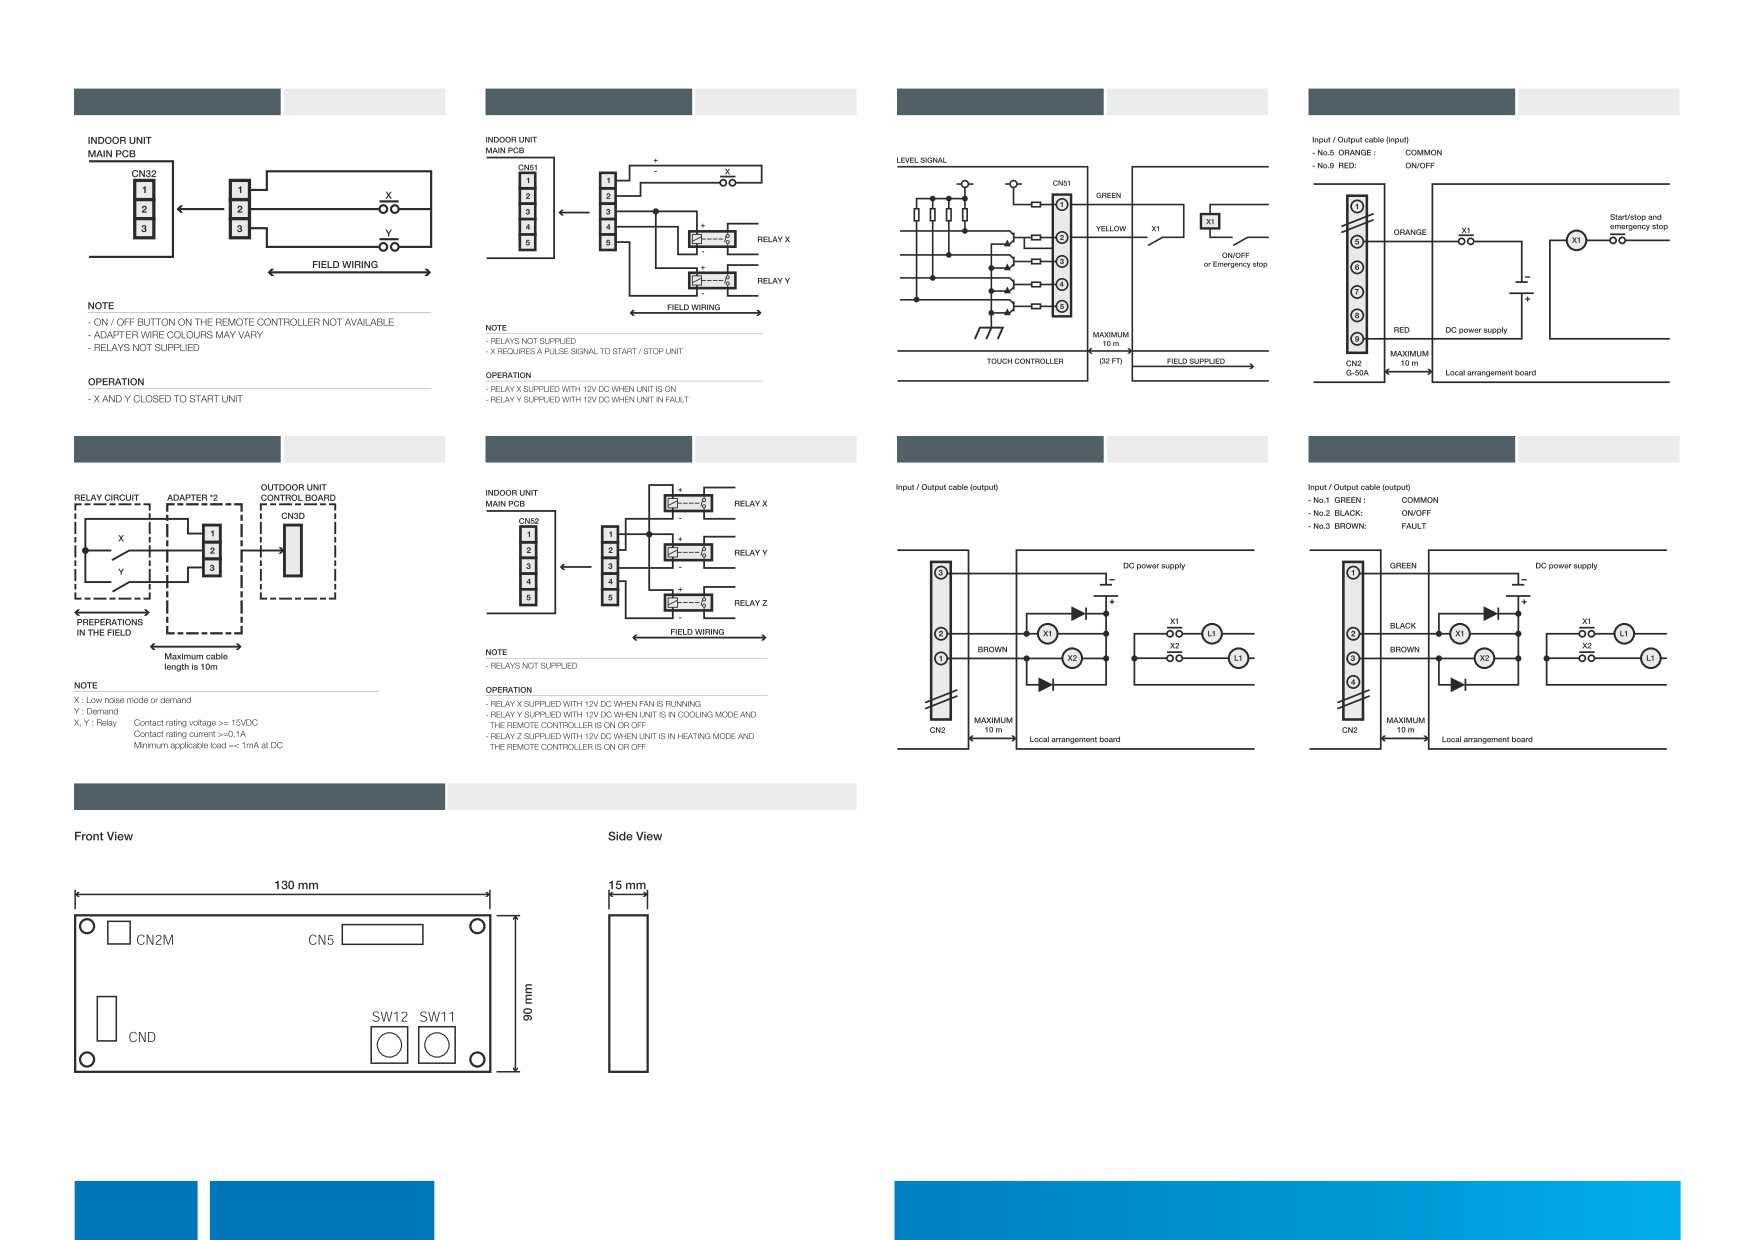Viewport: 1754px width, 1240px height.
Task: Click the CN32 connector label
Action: (143, 173)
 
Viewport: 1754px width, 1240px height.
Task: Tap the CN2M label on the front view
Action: (155, 940)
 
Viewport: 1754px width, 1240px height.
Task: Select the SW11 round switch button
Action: (437, 1045)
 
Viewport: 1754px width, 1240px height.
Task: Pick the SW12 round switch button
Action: (390, 1045)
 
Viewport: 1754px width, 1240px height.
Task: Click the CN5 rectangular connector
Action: (382, 935)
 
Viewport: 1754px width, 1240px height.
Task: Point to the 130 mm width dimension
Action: (296, 885)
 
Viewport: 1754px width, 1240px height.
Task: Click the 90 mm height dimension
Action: (528, 1003)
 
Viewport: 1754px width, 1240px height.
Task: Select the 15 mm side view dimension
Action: (628, 885)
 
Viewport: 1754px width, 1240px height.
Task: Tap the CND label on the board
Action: (142, 1037)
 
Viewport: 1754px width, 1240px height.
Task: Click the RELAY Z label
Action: (750, 603)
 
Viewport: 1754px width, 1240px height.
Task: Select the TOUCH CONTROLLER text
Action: (1025, 361)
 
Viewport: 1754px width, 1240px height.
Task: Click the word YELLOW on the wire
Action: (1111, 229)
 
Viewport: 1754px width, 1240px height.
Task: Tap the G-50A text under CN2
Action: (1356, 372)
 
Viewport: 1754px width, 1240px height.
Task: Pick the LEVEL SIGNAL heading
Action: (922, 160)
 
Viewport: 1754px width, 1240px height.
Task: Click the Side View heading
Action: (635, 836)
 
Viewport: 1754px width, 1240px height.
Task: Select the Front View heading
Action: (103, 836)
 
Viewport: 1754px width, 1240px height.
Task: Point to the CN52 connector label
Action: (528, 520)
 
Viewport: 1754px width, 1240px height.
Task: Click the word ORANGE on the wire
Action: (1410, 232)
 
